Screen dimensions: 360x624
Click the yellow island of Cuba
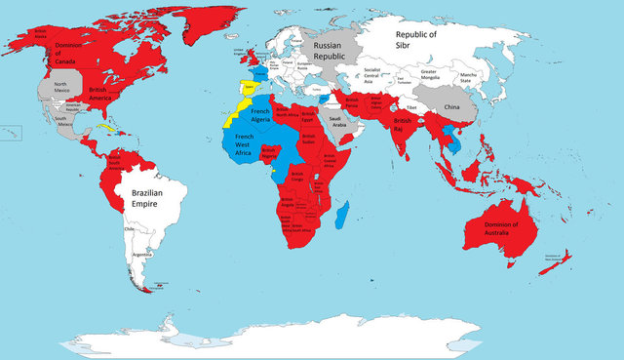(107, 127)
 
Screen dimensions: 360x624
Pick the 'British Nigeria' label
(270, 152)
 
